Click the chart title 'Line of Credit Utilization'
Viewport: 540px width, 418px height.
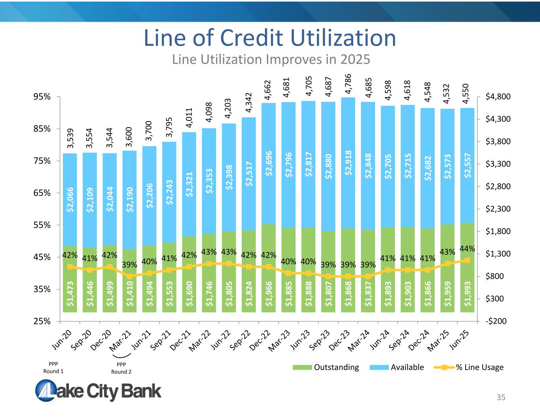pyautogui.click(x=270, y=38)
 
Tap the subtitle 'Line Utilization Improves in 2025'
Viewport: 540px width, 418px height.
pyautogui.click(x=271, y=59)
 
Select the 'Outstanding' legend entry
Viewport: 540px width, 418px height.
pyautogui.click(x=326, y=367)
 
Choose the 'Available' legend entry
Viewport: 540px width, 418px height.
pyautogui.click(x=397, y=367)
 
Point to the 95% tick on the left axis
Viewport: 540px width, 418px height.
pyautogui.click(x=42, y=97)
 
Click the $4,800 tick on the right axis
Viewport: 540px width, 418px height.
pyautogui.click(x=498, y=97)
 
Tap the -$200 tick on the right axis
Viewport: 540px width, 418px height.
pyautogui.click(x=496, y=321)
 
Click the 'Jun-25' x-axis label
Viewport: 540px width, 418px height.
pyautogui.click(x=461, y=340)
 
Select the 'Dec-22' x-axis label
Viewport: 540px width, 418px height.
pyautogui.click(x=263, y=341)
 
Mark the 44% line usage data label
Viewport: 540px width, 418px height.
pyautogui.click(x=467, y=248)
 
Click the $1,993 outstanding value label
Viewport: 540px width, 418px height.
pyautogui.click(x=467, y=294)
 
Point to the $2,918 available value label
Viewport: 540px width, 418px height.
pyautogui.click(x=348, y=165)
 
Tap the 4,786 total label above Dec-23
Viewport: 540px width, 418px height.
pyautogui.click(x=348, y=84)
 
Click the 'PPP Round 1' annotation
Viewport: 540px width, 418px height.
pyautogui.click(x=53, y=368)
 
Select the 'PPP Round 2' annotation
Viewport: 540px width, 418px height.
pyautogui.click(x=121, y=368)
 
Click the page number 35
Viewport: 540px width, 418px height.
pyautogui.click(x=501, y=397)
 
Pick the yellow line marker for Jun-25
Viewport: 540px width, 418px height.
pyautogui.click(x=467, y=260)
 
